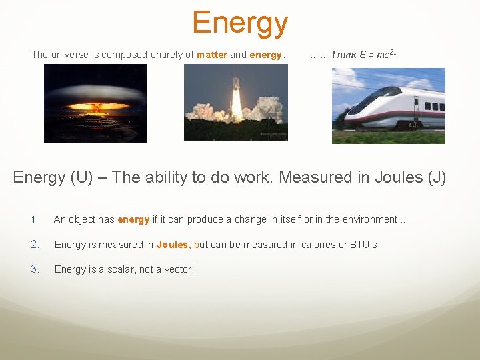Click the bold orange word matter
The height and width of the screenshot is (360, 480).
[212, 55]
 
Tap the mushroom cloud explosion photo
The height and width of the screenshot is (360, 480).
[95, 103]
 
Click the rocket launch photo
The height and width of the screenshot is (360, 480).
[235, 103]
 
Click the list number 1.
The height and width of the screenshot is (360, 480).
[34, 220]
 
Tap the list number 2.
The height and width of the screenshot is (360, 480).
[35, 245]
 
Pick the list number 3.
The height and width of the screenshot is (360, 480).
[35, 269]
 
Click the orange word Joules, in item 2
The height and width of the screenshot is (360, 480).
[173, 245]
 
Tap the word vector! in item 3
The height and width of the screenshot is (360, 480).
[177, 269]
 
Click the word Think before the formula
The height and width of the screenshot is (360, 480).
[344, 55]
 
